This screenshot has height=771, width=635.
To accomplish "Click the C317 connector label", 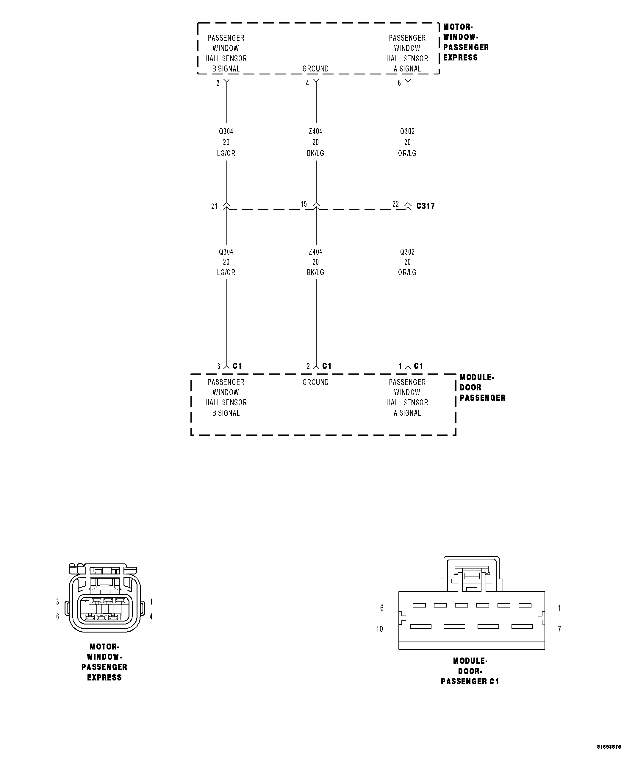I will pyautogui.click(x=426, y=206).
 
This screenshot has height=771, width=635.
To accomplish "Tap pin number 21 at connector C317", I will pyautogui.click(x=214, y=206).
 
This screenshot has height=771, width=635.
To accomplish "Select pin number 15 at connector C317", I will pyautogui.click(x=304, y=204).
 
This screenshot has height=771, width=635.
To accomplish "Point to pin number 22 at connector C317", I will pyautogui.click(x=395, y=204).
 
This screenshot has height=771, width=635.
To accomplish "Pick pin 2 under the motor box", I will pyautogui.click(x=218, y=83).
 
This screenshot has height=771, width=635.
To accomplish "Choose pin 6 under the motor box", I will pyautogui.click(x=399, y=83).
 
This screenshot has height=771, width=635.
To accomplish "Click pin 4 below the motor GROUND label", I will pyautogui.click(x=308, y=83).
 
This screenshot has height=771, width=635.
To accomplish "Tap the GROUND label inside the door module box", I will pyautogui.click(x=315, y=382).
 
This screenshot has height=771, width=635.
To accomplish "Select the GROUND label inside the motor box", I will pyautogui.click(x=315, y=69).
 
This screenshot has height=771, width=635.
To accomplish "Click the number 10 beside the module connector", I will pyautogui.click(x=380, y=629).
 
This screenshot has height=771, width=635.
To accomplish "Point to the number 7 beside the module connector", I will pyautogui.click(x=559, y=629).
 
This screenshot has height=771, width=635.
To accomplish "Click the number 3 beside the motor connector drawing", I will pyautogui.click(x=57, y=602).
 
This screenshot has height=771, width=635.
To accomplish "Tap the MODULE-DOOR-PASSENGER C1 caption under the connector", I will pyautogui.click(x=470, y=671).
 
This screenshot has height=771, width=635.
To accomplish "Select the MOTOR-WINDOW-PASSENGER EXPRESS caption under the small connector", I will pyautogui.click(x=104, y=662).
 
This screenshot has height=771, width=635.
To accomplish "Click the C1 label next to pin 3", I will pyautogui.click(x=237, y=366).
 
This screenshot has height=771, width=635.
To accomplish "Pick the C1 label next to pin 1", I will pyautogui.click(x=418, y=366).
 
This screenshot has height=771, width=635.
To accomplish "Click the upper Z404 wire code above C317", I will pyautogui.click(x=315, y=131).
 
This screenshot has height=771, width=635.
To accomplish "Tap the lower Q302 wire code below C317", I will pyautogui.click(x=407, y=252).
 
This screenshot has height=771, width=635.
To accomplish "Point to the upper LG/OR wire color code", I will pyautogui.click(x=226, y=153).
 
